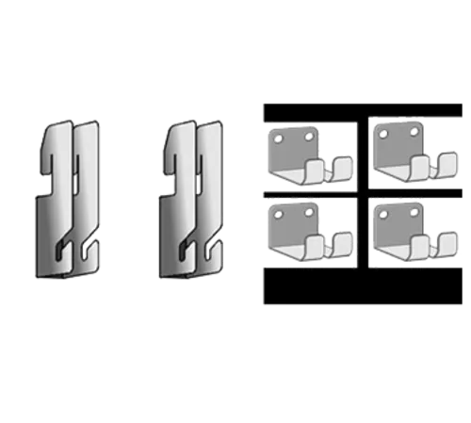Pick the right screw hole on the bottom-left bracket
tap(307, 212)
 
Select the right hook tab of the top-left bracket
tap(344, 168)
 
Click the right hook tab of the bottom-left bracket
tap(344, 243)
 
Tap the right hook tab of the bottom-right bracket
tap(447, 244)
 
